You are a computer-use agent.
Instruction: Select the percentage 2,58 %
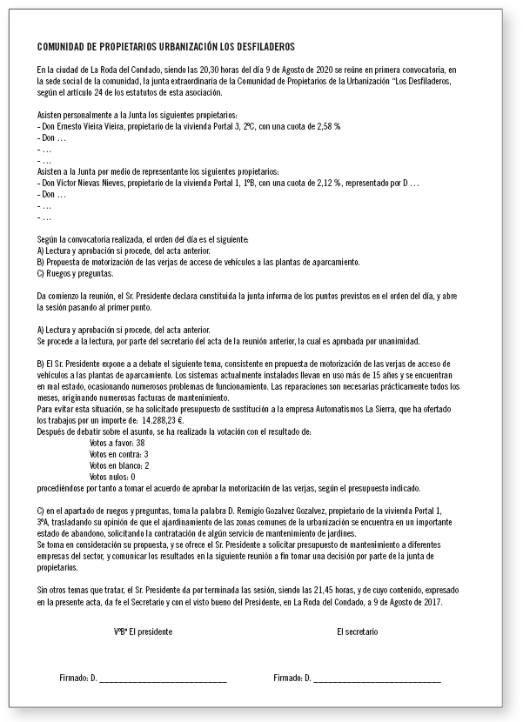pyautogui.click(x=325, y=127)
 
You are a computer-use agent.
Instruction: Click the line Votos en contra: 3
pyautogui.click(x=118, y=454)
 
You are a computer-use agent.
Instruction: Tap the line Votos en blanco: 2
pyautogui.click(x=119, y=465)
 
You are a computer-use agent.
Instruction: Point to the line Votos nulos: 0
pyautogui.click(x=113, y=477)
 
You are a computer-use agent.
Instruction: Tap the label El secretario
pyautogui.click(x=358, y=630)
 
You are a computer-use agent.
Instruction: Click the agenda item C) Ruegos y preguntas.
pyautogui.click(x=75, y=273)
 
